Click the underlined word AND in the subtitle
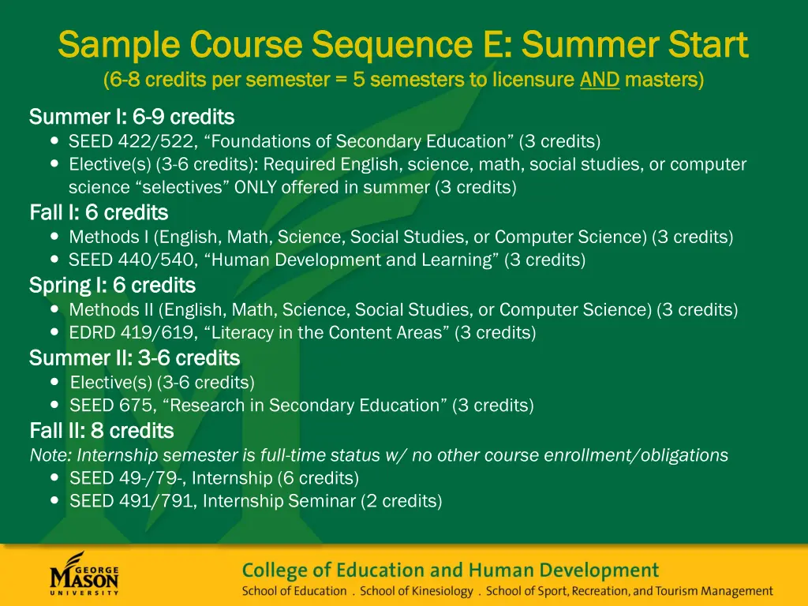coord(600,80)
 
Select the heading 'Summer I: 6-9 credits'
coord(132,118)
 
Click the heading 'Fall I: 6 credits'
coord(99,213)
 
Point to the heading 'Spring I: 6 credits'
coord(112,285)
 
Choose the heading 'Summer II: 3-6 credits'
coord(134,358)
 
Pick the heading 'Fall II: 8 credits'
coord(101,431)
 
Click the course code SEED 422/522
coord(114,141)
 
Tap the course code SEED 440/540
coord(114,260)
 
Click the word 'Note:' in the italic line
coord(50,455)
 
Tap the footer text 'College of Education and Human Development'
coord(450,570)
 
